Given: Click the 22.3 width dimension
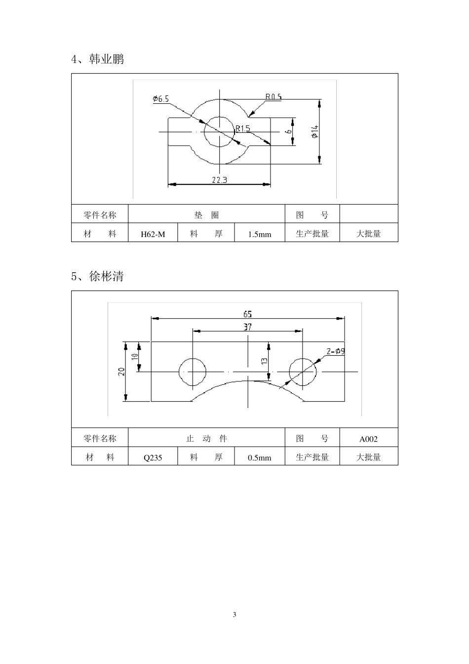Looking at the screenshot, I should (219, 180).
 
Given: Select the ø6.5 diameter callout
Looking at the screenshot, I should (161, 99).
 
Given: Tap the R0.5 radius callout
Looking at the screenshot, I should (274, 96).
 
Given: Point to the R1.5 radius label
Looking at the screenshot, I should (243, 128).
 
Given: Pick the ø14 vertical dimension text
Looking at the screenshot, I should (314, 131).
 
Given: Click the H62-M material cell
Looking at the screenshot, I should (153, 234).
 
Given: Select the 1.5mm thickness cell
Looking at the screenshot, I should (260, 234).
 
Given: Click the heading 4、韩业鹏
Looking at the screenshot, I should (98, 59).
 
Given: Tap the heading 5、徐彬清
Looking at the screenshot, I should (97, 276).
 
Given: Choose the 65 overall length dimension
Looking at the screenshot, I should (248, 314).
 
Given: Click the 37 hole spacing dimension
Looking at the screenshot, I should (248, 327).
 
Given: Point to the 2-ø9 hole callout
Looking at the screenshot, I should (336, 352).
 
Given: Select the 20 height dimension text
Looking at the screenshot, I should (121, 372).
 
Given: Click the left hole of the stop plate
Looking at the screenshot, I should (193, 372).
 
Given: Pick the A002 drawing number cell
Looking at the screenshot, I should (369, 439).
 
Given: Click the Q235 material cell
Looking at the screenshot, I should (153, 457).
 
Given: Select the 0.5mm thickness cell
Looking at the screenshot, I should (260, 457).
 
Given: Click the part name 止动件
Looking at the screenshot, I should (206, 438).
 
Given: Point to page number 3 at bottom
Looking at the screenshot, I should (234, 615).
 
